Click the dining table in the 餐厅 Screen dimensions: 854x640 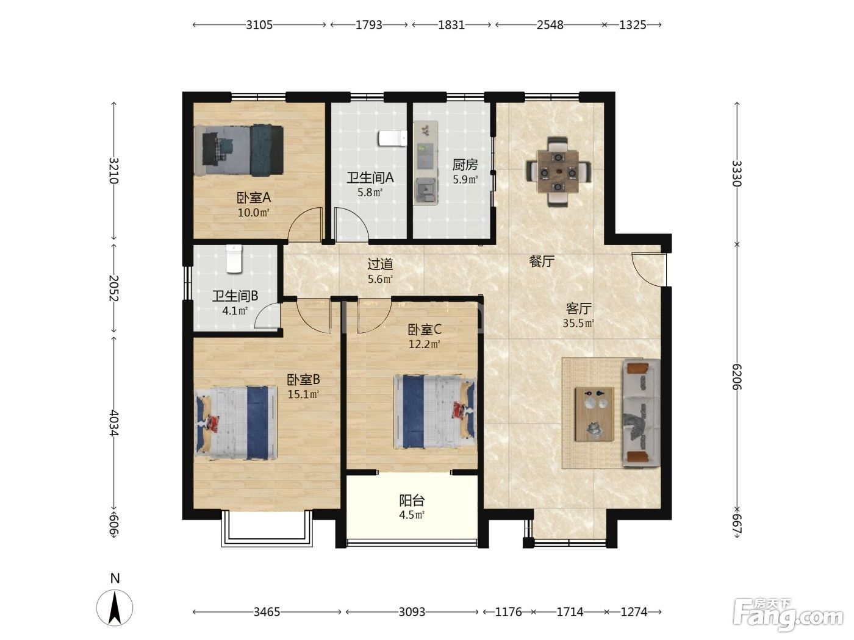tap(558, 172)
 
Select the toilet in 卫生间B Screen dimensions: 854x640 tap(234, 258)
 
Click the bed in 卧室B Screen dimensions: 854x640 tap(236, 422)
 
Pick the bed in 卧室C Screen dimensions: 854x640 tap(435, 411)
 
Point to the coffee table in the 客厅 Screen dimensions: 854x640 tap(595, 414)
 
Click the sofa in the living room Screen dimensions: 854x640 tap(641, 413)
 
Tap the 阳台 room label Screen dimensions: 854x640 tap(412, 500)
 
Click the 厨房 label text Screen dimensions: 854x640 tap(465, 165)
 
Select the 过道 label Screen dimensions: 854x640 tap(380, 265)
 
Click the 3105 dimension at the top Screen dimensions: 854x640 tap(259, 25)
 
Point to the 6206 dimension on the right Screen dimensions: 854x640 tap(737, 377)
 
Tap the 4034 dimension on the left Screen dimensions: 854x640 tap(113, 423)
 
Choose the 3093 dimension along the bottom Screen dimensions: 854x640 tap(412, 613)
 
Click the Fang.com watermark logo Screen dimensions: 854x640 tap(788, 615)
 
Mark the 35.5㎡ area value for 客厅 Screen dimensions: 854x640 tap(578, 323)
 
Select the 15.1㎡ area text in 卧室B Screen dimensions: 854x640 tap(303, 394)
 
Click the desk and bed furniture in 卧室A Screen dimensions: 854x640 tap(239, 151)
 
